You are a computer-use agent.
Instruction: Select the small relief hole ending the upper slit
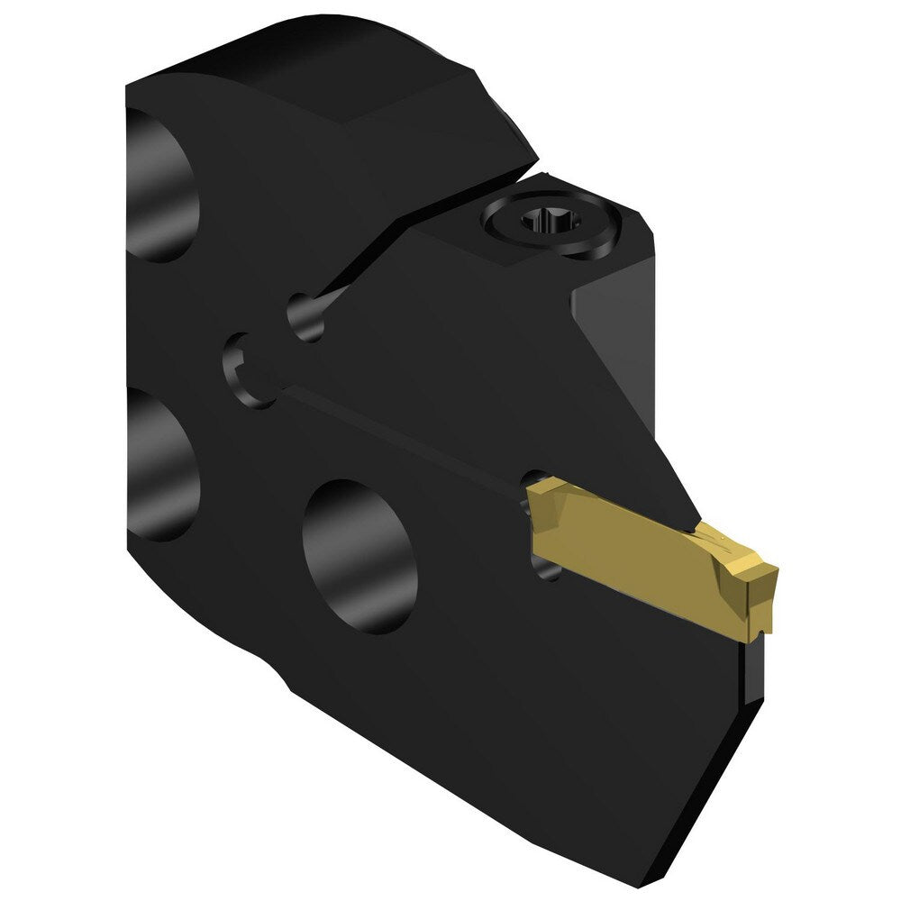tap(306, 317)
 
